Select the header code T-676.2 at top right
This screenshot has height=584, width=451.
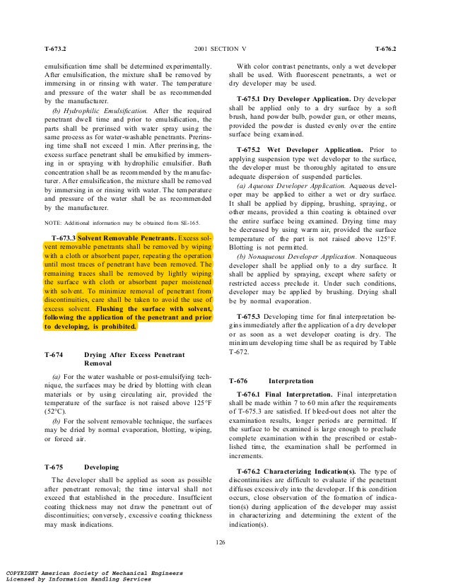pos(386,49)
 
